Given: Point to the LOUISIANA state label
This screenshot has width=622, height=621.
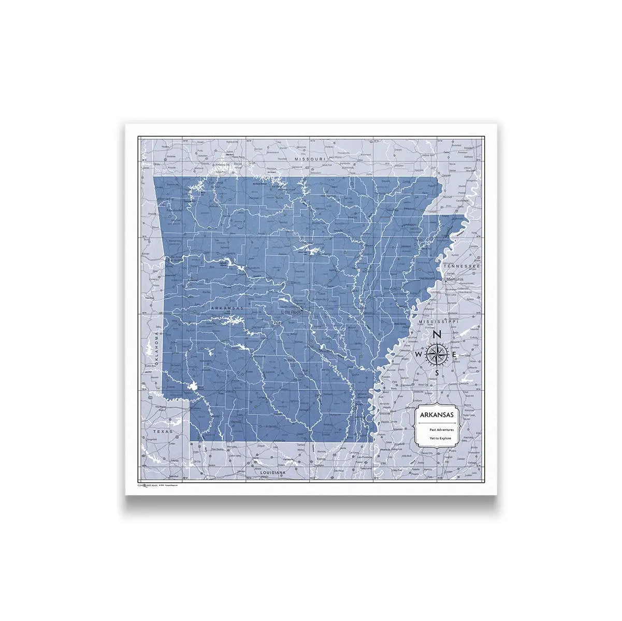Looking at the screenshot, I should [267, 473].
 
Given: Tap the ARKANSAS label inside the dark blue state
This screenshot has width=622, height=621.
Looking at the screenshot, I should [227, 308].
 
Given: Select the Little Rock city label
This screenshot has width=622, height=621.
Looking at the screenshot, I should [291, 312].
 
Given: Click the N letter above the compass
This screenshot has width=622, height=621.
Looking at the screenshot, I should [437, 334].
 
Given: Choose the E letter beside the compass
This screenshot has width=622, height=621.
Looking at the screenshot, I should [454, 354].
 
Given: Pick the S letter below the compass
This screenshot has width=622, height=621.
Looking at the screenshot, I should [437, 373].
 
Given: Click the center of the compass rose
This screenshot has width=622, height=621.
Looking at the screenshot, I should [437, 354].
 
